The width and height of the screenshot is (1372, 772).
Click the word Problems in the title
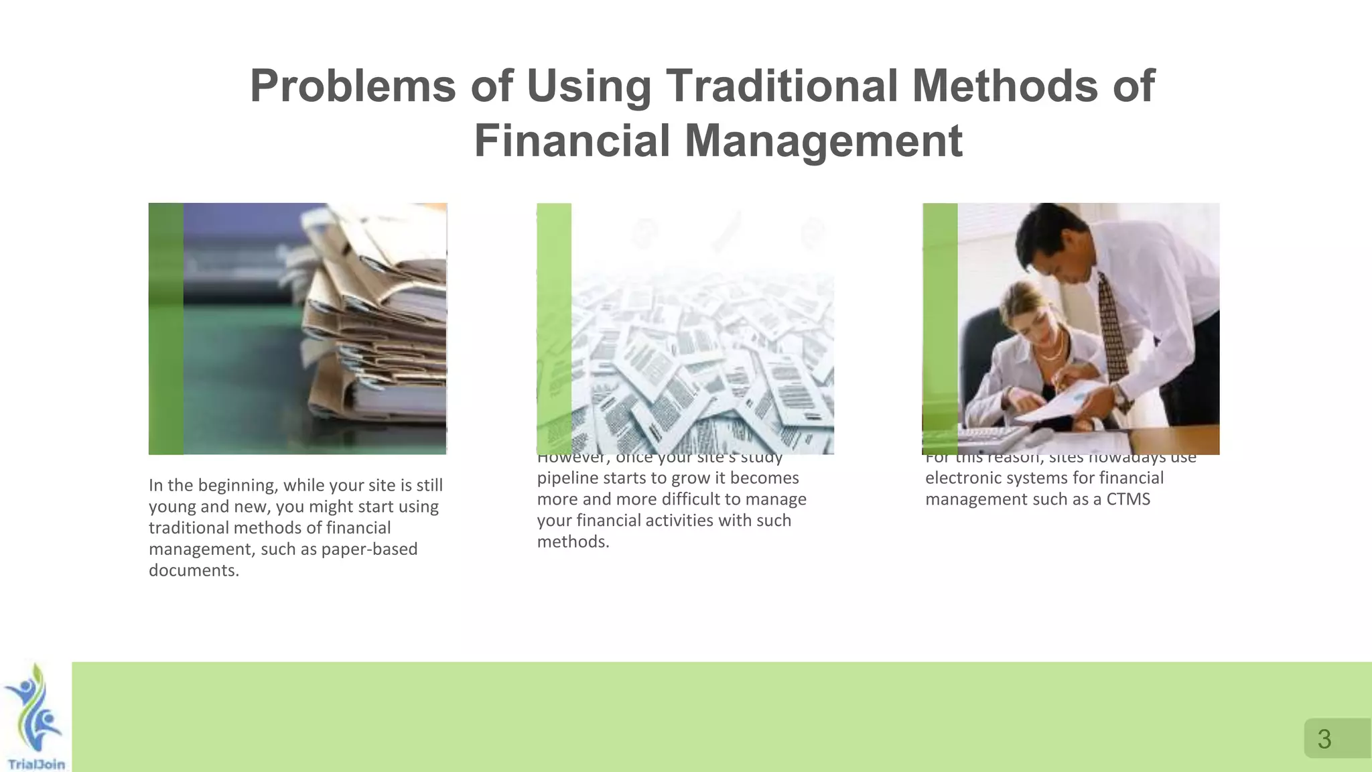[x=353, y=86]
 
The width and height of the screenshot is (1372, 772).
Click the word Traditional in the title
[x=781, y=86]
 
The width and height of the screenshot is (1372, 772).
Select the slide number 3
[x=1324, y=739]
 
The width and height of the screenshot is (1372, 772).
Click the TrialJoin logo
[x=35, y=717]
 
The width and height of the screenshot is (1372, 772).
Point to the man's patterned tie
[x=1111, y=328]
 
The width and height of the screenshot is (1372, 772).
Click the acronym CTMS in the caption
[x=1128, y=499]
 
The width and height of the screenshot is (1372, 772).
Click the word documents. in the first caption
[x=194, y=570]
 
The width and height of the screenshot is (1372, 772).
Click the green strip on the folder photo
[x=165, y=328]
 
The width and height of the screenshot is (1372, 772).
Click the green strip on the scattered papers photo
[x=553, y=328]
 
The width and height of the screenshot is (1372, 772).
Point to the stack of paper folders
[x=375, y=322]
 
